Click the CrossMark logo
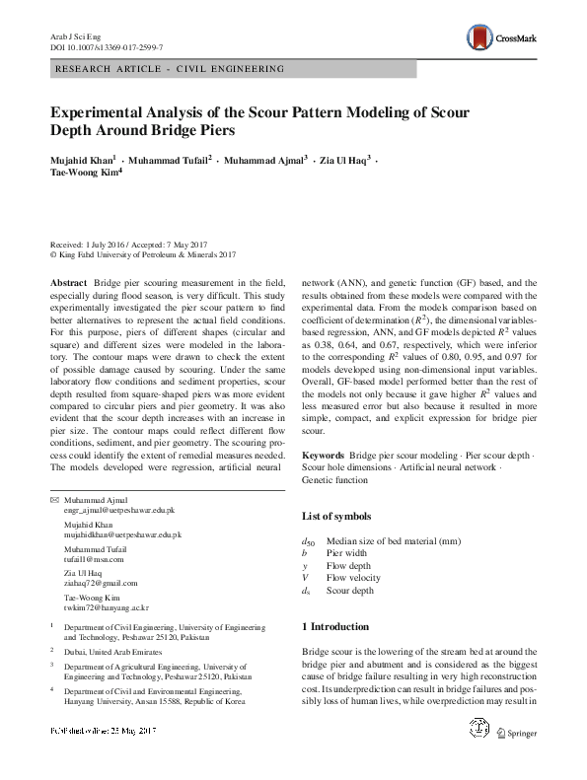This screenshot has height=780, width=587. coord(506,36)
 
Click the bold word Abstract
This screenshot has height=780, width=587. coord(68,283)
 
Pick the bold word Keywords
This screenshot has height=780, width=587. coord(323,457)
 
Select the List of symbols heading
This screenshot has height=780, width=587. coord(336,517)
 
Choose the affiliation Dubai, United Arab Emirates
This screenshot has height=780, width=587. coord(117,652)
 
